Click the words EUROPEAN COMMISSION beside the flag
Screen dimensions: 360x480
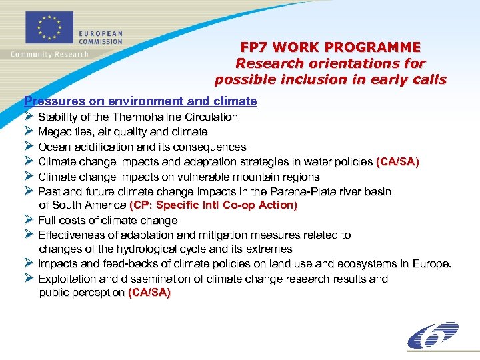point(101,37)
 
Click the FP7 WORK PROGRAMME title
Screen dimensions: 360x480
point(331,47)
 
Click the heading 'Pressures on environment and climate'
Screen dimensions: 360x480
point(140,101)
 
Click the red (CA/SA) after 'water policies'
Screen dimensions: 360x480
point(397,161)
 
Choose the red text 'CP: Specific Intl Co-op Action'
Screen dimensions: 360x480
point(213,205)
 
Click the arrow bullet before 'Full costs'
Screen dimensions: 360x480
point(29,219)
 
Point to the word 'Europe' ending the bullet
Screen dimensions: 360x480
point(431,264)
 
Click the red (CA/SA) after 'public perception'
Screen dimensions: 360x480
point(149,293)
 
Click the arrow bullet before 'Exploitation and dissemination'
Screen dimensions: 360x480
point(29,278)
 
